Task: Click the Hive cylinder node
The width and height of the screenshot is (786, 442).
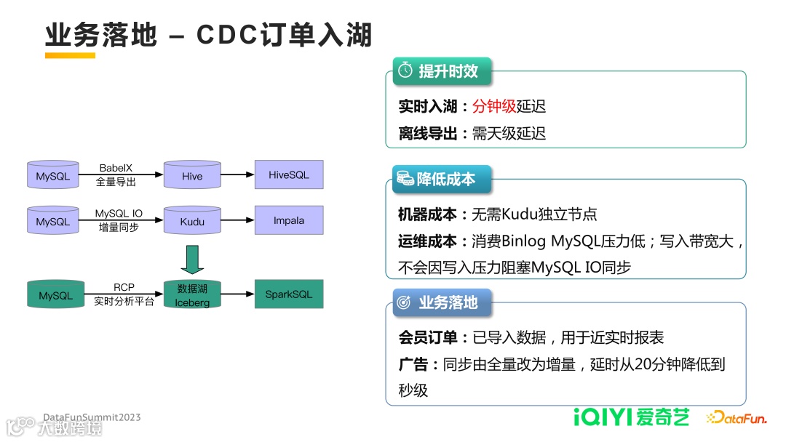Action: (x=192, y=176)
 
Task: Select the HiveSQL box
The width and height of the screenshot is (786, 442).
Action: (x=289, y=175)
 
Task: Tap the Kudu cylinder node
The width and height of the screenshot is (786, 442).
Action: (x=192, y=221)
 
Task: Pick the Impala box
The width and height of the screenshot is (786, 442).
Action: (x=289, y=220)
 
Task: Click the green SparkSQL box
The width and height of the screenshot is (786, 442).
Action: (x=289, y=294)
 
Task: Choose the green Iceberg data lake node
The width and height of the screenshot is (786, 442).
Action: (x=192, y=295)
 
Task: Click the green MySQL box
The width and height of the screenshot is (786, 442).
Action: (x=55, y=295)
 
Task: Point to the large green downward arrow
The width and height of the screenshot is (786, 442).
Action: (x=192, y=260)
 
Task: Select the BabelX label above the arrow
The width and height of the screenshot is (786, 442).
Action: (x=116, y=168)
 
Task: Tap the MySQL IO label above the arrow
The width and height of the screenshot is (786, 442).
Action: (x=119, y=214)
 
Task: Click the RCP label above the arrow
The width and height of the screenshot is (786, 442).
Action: (x=124, y=288)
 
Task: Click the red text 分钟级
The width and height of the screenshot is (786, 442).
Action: (x=494, y=106)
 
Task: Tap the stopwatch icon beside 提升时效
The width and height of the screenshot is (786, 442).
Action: (x=405, y=71)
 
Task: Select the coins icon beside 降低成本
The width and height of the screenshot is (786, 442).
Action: (x=405, y=178)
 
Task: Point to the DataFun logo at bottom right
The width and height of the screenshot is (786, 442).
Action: (x=736, y=417)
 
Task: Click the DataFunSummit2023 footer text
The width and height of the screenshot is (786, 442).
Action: (x=92, y=417)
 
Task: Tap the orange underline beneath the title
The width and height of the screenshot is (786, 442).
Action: (x=70, y=55)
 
